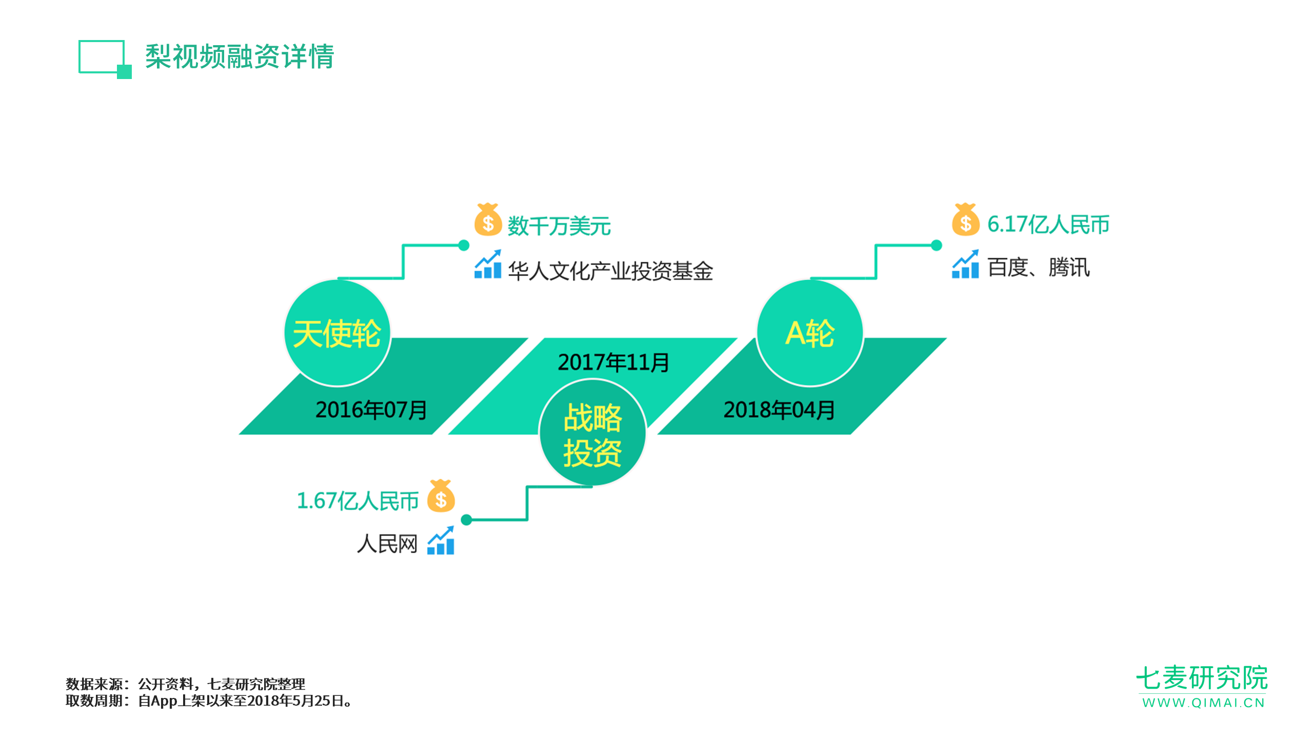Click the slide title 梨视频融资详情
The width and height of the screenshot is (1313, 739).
[x=240, y=56]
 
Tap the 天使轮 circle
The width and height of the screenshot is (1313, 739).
[x=337, y=333]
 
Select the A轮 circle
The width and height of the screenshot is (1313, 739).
[x=810, y=333]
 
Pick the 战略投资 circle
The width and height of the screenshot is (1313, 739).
[x=592, y=433]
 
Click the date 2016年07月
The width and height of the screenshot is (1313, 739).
[x=371, y=410]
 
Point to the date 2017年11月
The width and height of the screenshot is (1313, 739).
[x=613, y=362]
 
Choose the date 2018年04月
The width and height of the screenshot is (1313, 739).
[x=779, y=410]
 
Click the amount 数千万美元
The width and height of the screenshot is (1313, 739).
[x=559, y=226]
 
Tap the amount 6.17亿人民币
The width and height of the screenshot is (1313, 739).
[x=1048, y=224]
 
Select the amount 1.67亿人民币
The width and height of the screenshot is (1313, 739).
[x=358, y=501]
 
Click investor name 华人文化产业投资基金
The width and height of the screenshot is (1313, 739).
[x=610, y=270]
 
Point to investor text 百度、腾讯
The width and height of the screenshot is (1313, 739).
[x=1039, y=267]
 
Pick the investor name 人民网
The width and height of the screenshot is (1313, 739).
[x=387, y=543]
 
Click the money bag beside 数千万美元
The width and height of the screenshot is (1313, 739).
[x=488, y=220]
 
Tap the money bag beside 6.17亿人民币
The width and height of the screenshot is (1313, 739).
[x=966, y=220]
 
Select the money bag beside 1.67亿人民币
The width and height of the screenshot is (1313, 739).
[x=441, y=496]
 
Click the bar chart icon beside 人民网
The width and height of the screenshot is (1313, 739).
[x=441, y=540]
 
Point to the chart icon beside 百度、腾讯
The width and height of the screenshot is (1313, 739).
[x=965, y=264]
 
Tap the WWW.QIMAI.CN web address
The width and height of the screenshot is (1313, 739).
[x=1203, y=703]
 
